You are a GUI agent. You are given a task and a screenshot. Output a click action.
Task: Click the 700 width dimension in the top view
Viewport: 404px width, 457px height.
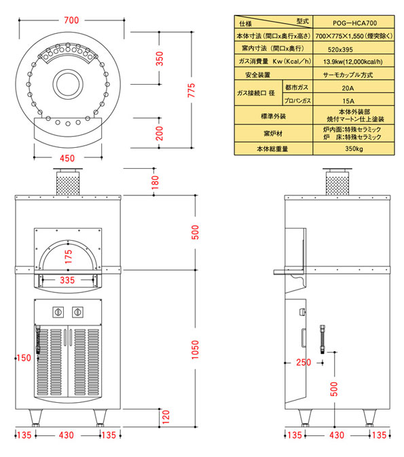click(71, 20)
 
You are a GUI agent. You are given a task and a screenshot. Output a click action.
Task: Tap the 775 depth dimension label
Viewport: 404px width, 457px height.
click(191, 90)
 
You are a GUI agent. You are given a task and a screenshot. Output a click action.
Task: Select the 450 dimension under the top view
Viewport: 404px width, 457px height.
click(67, 158)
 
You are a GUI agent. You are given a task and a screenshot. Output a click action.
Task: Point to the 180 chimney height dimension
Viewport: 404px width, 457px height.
click(155, 182)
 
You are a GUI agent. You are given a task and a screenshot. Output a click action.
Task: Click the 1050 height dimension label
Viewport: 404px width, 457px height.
click(195, 350)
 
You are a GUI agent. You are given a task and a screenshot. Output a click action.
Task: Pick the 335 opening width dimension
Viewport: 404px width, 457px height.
click(67, 280)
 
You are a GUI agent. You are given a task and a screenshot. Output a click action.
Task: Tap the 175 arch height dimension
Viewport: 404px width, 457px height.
click(68, 257)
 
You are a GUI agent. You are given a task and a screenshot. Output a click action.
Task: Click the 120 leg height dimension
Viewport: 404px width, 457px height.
click(166, 417)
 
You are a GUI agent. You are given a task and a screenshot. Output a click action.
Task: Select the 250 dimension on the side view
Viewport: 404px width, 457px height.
click(304, 362)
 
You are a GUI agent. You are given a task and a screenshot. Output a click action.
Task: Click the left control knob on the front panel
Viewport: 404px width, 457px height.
click(58, 312)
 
